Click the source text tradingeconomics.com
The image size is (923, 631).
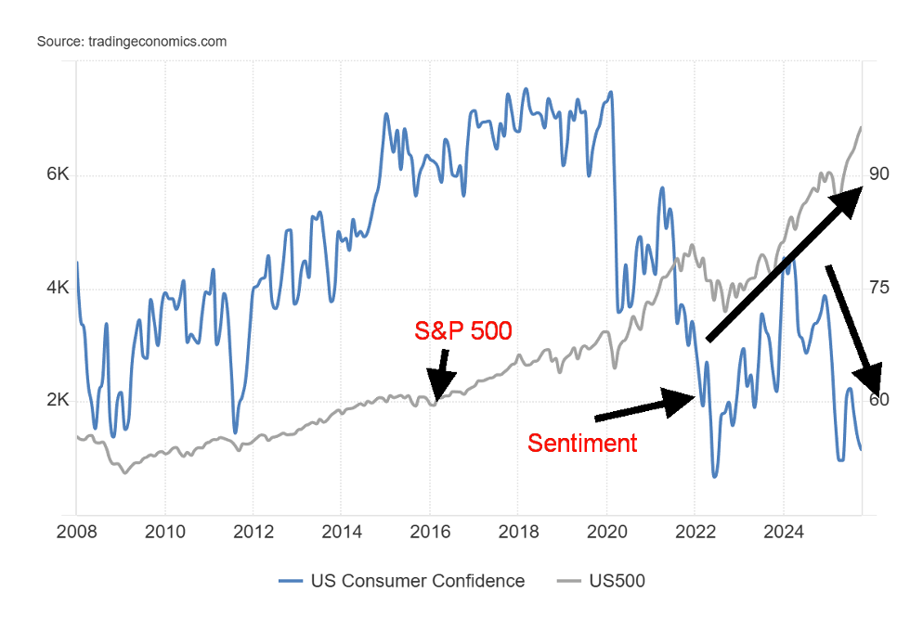[x=132, y=42]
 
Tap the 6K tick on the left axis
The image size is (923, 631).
[x=58, y=174]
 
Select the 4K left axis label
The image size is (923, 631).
[x=58, y=288]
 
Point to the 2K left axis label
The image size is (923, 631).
[x=58, y=401]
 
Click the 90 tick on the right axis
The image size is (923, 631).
[x=879, y=174]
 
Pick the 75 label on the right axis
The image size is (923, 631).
[x=879, y=288]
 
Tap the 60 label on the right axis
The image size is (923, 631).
[x=879, y=401]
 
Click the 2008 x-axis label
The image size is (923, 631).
[x=76, y=532]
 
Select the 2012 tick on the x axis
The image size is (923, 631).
[x=253, y=532]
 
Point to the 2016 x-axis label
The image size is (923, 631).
[x=430, y=532]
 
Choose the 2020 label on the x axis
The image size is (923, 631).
[x=606, y=532]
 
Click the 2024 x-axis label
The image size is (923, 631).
[x=783, y=532]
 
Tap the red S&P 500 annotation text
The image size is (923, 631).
[x=462, y=330]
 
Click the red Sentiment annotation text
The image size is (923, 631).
[x=582, y=444]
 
